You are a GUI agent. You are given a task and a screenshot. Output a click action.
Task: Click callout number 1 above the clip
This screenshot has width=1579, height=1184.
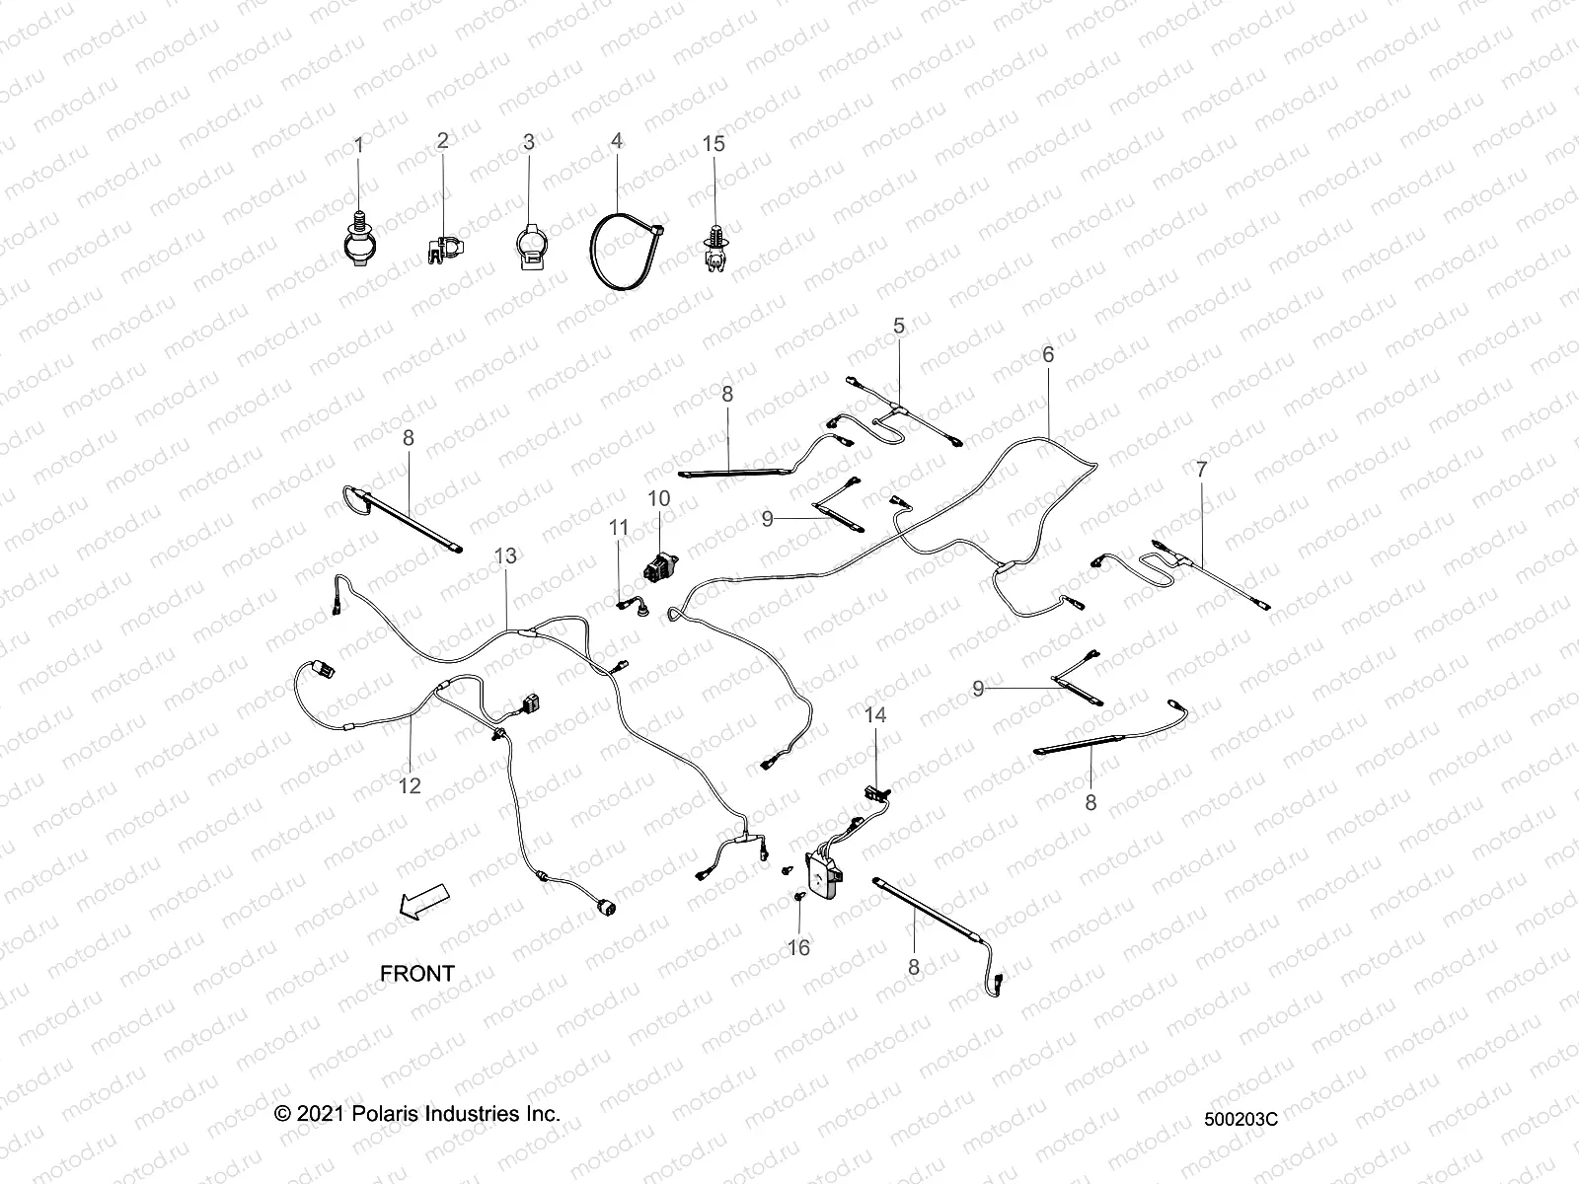pos(358,145)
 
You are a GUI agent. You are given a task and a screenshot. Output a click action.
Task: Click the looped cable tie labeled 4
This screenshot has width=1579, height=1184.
pos(622,256)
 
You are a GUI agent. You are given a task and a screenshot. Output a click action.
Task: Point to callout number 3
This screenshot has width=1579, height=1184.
pos(529,142)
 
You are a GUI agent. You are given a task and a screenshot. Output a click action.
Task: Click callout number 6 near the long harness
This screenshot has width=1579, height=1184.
pos(1048,354)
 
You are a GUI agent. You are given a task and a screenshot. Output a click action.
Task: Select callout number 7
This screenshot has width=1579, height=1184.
pos(1201,471)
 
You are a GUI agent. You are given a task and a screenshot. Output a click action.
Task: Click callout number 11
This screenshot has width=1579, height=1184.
pos(619,528)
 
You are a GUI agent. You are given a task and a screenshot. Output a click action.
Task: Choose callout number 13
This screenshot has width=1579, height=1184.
pos(505,556)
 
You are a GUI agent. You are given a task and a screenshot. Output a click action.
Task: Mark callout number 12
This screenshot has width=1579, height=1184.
pos(410,785)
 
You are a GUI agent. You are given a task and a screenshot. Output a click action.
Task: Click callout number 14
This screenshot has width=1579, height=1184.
pos(876,714)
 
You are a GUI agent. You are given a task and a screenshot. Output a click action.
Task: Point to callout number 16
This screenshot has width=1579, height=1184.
pos(798,947)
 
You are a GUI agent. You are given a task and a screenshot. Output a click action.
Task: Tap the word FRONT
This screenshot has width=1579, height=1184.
pos(417,973)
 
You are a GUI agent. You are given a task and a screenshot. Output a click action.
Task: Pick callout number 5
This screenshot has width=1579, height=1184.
pos(899,354)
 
